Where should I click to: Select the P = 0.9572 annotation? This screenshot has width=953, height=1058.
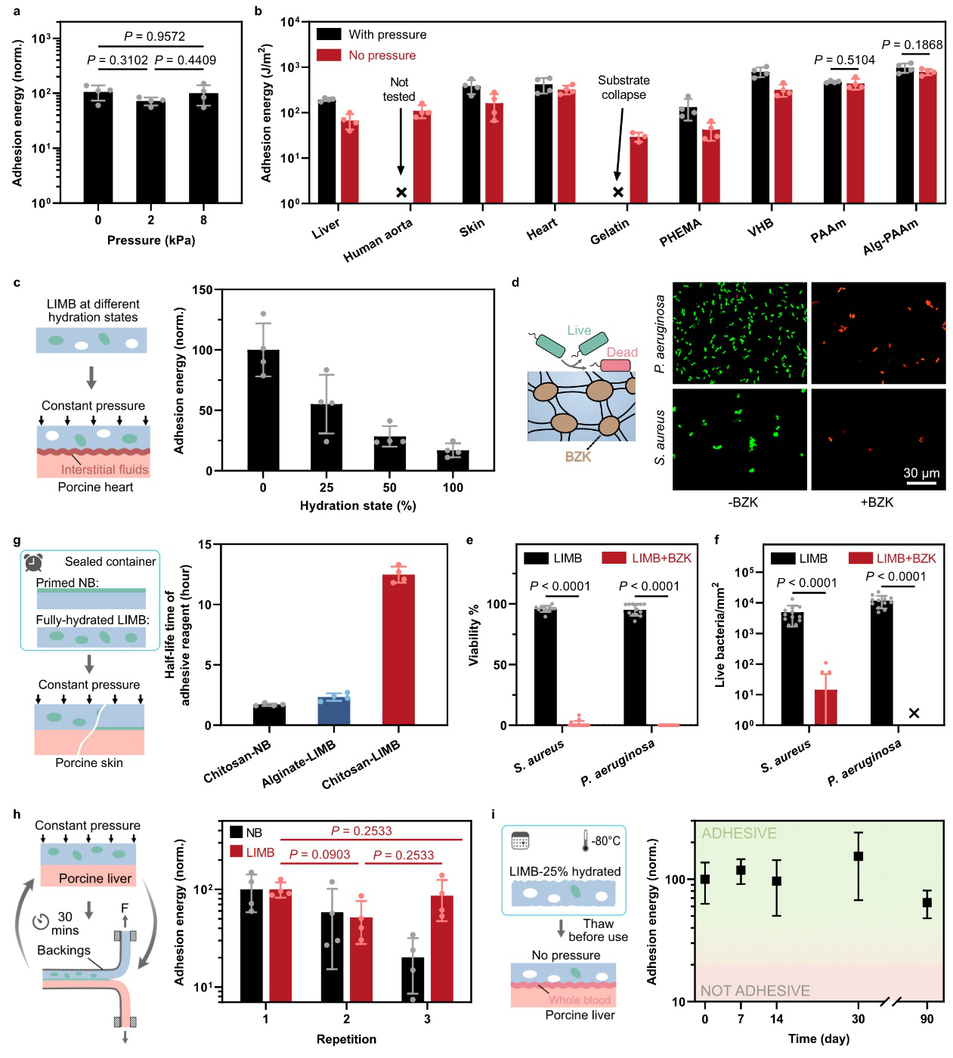154,36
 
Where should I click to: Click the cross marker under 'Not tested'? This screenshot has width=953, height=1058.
401,193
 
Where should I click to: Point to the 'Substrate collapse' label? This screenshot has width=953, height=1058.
623,88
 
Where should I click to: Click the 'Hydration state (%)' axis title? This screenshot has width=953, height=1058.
357,506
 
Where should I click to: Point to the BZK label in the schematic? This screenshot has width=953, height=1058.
578,456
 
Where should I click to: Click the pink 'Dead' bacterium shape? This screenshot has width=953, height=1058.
615,366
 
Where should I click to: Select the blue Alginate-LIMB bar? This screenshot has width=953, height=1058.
334,711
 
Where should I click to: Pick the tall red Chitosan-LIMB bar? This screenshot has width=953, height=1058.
399,650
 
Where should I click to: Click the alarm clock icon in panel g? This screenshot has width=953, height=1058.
33,562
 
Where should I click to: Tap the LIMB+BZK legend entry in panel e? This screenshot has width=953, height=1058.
647,558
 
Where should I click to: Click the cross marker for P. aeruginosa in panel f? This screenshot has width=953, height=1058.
914,713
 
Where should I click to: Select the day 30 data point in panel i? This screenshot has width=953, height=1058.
859,856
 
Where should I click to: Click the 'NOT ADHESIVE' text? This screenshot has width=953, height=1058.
754,990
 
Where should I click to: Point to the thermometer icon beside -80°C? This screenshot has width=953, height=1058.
585,841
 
